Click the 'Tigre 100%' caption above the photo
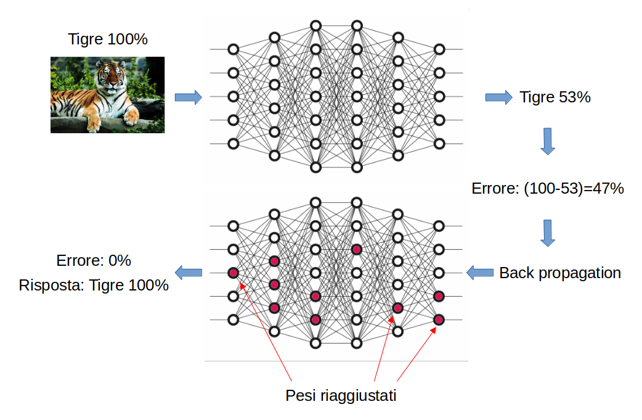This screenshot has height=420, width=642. point(108,39)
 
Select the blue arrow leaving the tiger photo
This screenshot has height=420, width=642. point(188,97)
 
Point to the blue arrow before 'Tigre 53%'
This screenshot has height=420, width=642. point(498,97)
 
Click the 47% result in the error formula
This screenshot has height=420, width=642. point(609,189)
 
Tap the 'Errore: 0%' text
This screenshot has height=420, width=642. point(94,260)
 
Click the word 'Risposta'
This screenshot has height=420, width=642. point(46,286)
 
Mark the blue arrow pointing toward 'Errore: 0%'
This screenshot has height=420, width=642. point(189,272)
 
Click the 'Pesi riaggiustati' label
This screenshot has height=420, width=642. point(340,395)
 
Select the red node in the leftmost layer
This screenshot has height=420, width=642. point(233,273)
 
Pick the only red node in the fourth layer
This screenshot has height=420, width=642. point(356,249)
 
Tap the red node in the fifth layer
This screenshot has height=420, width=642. point(397,308)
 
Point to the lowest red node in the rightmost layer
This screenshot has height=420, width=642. point(439,319)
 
